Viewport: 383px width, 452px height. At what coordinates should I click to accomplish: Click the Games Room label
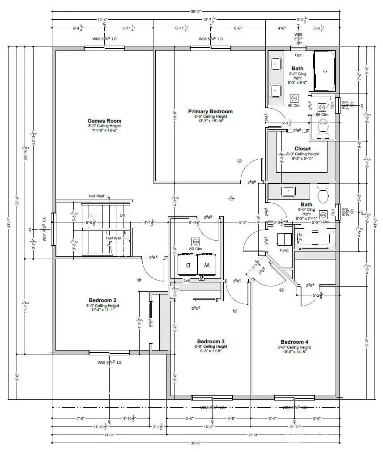104,121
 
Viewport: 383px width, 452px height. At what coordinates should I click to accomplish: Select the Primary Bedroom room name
210,111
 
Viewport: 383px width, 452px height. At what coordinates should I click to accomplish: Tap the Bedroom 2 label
103,300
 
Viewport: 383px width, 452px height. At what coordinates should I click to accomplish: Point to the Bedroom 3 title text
211,341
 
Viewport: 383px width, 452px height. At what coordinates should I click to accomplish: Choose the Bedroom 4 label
294,342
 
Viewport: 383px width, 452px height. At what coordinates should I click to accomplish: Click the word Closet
302,149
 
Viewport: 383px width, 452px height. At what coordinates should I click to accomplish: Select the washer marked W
207,265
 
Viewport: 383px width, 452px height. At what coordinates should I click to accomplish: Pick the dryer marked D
187,265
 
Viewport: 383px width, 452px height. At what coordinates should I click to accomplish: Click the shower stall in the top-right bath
325,70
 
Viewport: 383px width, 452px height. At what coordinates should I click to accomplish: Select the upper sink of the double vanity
275,65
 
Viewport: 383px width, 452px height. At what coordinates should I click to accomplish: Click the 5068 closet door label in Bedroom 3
196,308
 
